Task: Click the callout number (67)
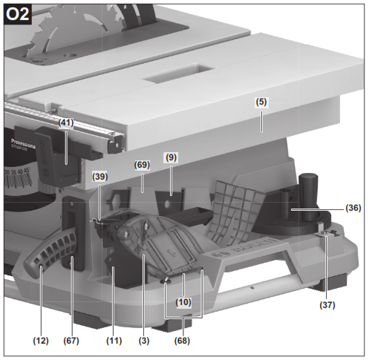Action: [71, 341]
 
